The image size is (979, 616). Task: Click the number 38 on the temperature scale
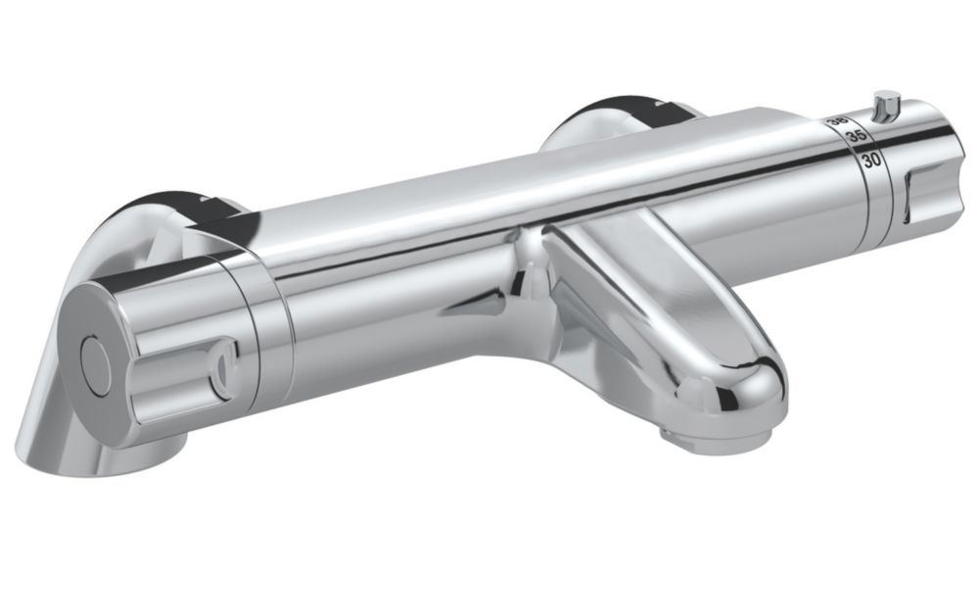click(x=838, y=121)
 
